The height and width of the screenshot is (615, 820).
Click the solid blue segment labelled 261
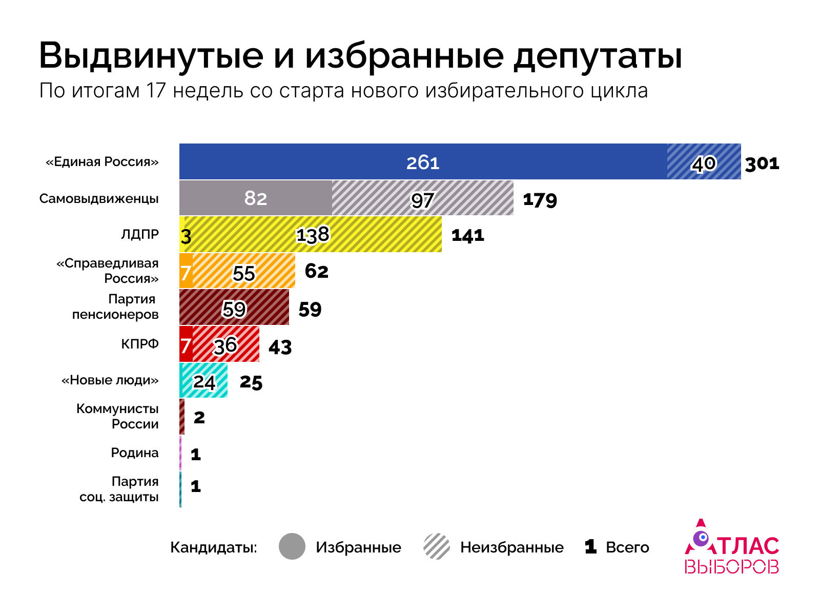[x=423, y=162]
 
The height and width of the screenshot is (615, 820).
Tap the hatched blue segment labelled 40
[x=704, y=162]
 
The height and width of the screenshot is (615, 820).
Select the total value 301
[x=762, y=164]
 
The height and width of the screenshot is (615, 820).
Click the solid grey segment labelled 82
[x=255, y=198]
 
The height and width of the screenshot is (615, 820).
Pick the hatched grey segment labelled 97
[x=422, y=199]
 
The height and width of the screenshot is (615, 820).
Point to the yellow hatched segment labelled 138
[x=313, y=235]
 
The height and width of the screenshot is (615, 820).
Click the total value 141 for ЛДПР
[x=467, y=236]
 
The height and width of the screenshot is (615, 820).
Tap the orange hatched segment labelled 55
[x=244, y=272]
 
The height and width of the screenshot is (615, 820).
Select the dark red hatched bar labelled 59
[x=234, y=307]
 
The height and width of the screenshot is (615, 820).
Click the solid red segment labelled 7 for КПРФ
[x=186, y=344]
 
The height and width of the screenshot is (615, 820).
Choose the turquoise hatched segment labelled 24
[x=204, y=381]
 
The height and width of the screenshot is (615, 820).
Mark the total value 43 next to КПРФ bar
[x=280, y=347]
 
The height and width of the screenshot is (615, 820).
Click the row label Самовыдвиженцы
[x=99, y=199]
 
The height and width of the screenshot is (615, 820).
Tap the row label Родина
[x=135, y=453]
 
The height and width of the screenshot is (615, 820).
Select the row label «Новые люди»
[x=110, y=380]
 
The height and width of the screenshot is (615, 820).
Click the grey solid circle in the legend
[x=292, y=546]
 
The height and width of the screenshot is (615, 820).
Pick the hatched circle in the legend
[x=437, y=546]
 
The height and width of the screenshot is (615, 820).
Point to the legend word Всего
[x=627, y=547]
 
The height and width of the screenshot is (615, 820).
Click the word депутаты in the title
[x=598, y=55]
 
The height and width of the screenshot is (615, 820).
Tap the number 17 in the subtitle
[x=156, y=91]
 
